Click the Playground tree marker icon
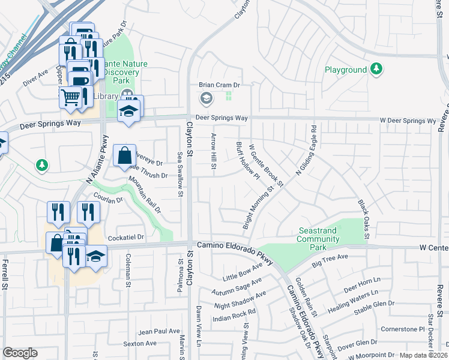pyautogui.click(x=376, y=70)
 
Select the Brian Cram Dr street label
pyautogui.click(x=220, y=86)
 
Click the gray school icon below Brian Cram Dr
pyautogui.click(x=206, y=98)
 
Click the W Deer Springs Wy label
pyautogui.click(x=408, y=121)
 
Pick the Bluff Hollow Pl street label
pyautogui.click(x=247, y=161)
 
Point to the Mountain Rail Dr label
pyautogui.click(x=145, y=196)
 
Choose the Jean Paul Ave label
pyautogui.click(x=159, y=331)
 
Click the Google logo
pyautogui.click(x=20, y=353)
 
